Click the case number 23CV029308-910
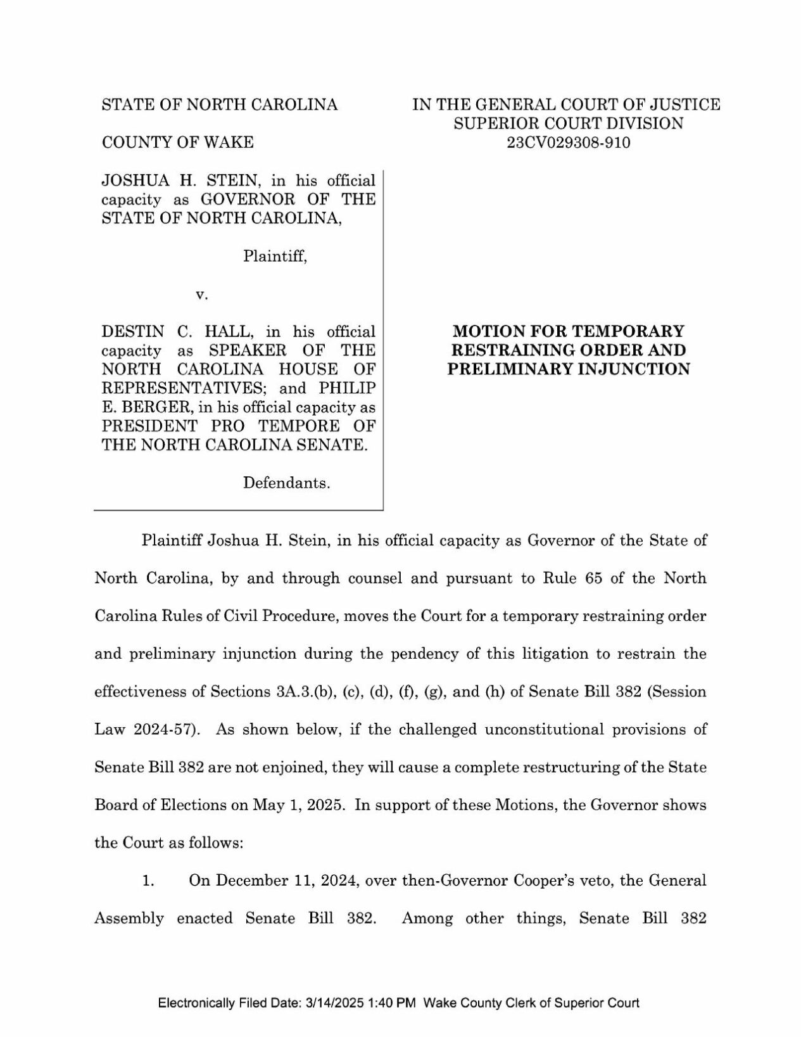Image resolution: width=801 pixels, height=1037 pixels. tap(568, 143)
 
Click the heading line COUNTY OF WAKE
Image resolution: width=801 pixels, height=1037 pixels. tap(177, 143)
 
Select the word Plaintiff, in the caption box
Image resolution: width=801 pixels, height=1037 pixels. tap(275, 257)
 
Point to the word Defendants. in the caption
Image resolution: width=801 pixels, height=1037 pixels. tap(287, 483)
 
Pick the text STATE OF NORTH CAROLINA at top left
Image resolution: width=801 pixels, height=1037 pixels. tap(220, 105)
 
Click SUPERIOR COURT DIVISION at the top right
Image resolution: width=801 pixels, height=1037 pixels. tap(568, 124)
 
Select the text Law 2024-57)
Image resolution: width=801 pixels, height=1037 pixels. tap(148, 729)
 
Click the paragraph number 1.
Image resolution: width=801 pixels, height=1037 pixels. tap(149, 881)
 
